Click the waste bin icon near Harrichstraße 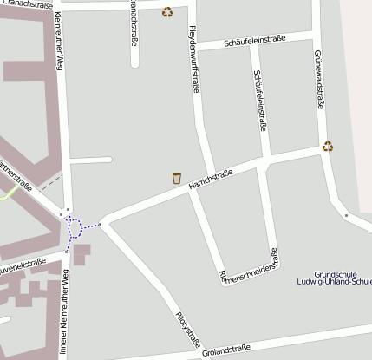coord(177,178)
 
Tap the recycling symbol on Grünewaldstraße coord(328,146)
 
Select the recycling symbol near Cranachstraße coord(167,12)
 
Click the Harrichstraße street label coord(212,180)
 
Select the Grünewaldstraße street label coord(320,81)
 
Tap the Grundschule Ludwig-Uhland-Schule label coord(334,278)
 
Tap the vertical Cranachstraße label coord(134,22)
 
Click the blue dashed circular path coord(73,228)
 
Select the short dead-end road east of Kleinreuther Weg coord(91,160)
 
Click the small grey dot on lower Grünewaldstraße coord(345,214)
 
